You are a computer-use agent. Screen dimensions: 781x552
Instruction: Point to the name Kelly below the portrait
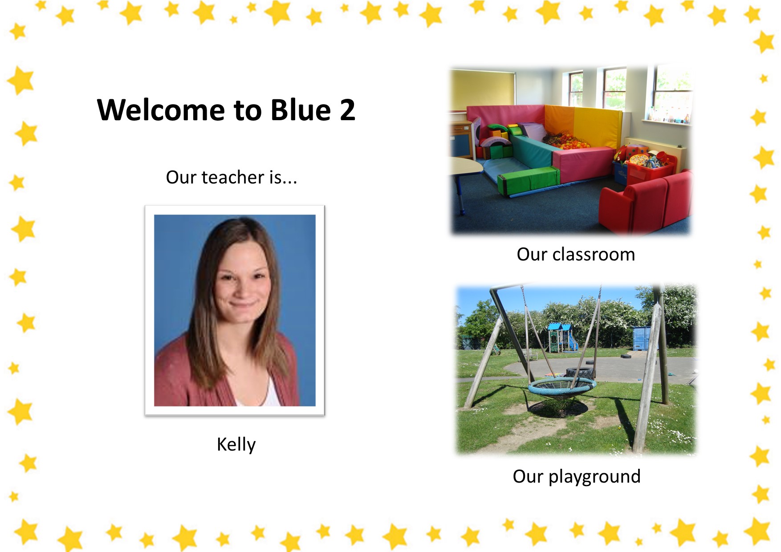click(236, 444)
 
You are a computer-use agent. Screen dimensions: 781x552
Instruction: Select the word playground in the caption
click(594, 477)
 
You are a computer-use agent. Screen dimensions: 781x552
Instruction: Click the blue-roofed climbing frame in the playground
click(562, 338)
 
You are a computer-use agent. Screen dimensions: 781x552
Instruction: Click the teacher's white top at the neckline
click(272, 392)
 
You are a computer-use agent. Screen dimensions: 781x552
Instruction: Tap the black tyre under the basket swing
click(579, 373)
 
